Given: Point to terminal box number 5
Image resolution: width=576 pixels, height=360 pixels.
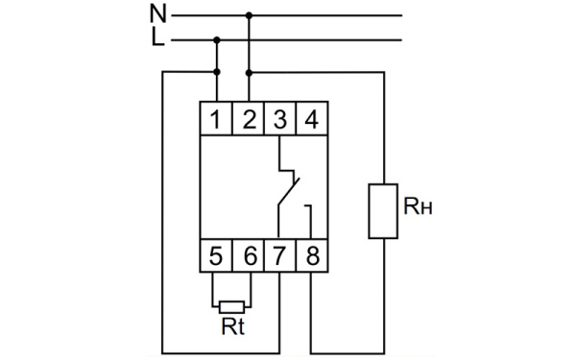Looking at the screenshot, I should (x=217, y=256).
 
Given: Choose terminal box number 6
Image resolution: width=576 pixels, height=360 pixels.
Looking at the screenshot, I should (x=249, y=256).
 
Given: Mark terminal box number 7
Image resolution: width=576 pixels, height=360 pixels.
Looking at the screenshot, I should (x=279, y=256).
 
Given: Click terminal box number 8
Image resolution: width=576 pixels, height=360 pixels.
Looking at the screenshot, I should (x=311, y=256).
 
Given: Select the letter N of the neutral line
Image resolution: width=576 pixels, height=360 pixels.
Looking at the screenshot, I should (x=157, y=14).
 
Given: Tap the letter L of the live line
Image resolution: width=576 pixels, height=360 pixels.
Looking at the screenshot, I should (x=158, y=39).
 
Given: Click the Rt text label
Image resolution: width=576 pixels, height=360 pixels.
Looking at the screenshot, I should (x=233, y=326).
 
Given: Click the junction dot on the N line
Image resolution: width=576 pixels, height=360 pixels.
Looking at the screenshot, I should (x=249, y=15).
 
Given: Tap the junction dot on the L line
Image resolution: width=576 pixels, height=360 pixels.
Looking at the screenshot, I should (x=217, y=40).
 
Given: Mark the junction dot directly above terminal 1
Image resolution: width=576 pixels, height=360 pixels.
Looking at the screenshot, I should (x=217, y=72).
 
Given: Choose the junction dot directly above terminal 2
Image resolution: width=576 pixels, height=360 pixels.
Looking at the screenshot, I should (x=249, y=72).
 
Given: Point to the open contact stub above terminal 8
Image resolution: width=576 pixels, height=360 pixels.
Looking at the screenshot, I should (x=310, y=219).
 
